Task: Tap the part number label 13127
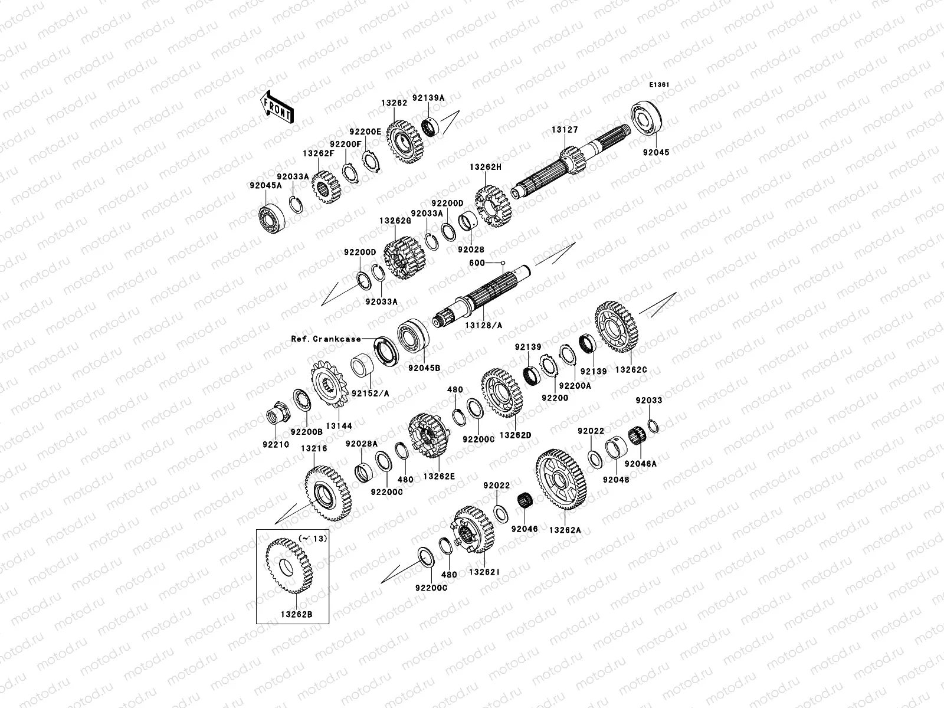(565, 130)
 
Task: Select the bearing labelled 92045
(649, 124)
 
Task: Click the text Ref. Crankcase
(325, 339)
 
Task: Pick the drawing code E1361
(659, 85)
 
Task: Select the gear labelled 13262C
(618, 327)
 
